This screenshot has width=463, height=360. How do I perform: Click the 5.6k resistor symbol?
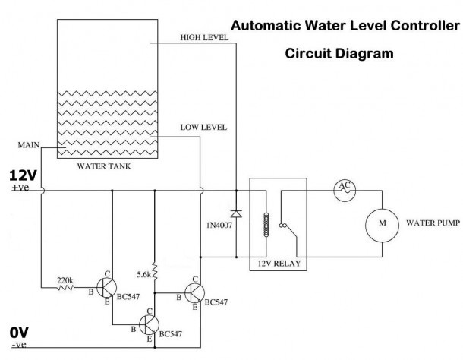pyautogui.click(x=154, y=271)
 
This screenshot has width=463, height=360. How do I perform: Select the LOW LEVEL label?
pyautogui.click(x=203, y=127)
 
